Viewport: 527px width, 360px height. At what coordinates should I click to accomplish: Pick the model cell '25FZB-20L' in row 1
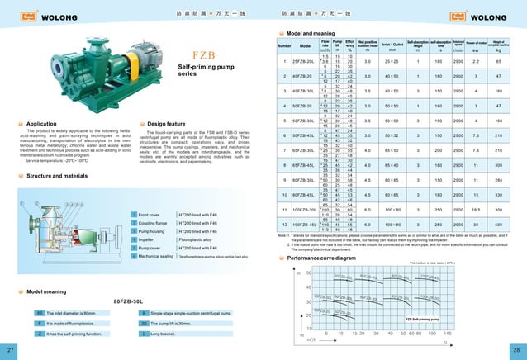coord(306,62)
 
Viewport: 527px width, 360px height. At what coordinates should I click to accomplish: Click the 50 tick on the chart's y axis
coord(308,272)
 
